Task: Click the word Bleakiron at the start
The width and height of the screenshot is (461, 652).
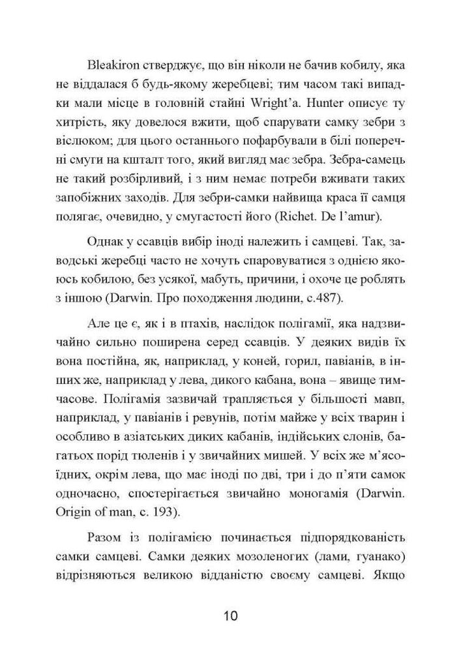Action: [110, 65]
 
